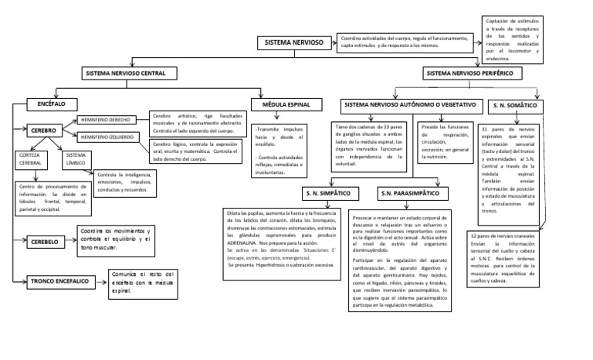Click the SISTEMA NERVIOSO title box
294,42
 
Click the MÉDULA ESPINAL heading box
286,104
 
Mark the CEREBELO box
50,241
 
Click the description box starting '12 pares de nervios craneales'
509,259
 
